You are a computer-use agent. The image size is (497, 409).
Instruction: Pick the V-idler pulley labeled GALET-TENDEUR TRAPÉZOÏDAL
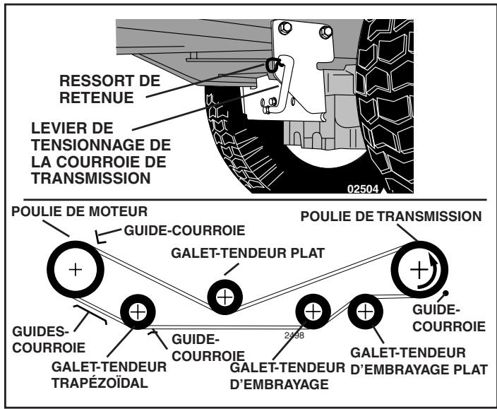[x=138, y=310]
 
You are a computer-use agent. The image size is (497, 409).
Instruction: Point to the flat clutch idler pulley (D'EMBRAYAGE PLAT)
[x=364, y=310]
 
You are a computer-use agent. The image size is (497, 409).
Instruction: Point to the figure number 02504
[x=364, y=189]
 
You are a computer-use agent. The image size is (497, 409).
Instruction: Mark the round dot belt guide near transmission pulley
[x=446, y=292]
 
